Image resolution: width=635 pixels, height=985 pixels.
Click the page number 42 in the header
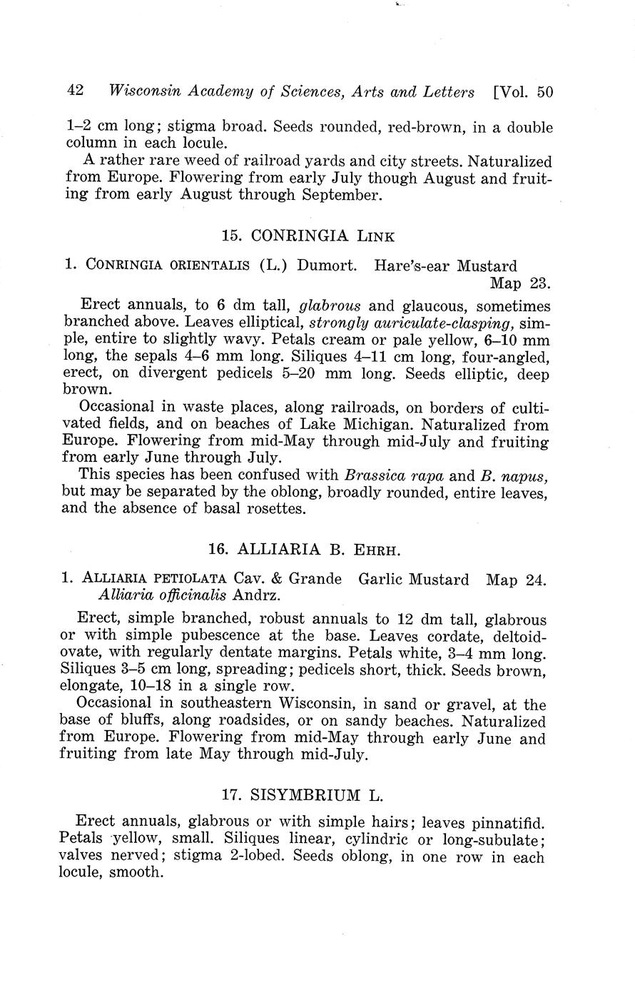tap(75, 91)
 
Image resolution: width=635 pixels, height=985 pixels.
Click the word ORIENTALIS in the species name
tap(209, 266)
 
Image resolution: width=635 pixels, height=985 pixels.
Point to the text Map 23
tap(520, 283)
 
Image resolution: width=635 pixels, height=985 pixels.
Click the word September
tap(343, 195)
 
